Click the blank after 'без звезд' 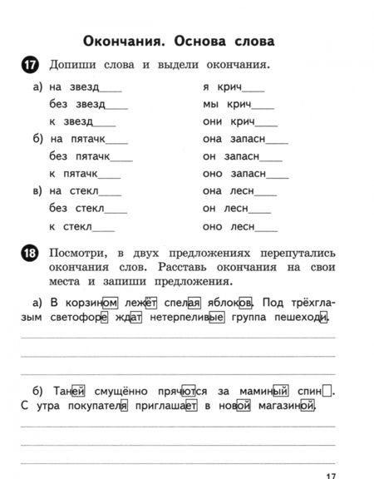coord(117,106)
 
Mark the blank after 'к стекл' coord(104,226)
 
